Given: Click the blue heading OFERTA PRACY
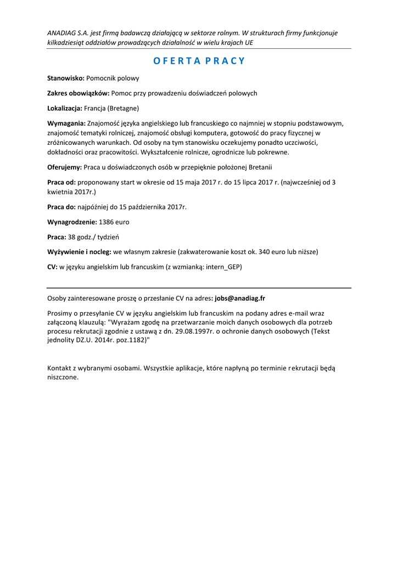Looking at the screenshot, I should (199, 61).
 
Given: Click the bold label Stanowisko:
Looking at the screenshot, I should (66, 78).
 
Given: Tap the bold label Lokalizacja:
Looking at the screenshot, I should (65, 108).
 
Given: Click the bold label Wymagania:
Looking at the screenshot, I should (66, 123).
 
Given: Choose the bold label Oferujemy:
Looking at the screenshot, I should (65, 167).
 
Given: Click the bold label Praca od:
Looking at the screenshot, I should (61, 182).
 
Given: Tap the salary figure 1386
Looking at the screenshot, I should (106, 222).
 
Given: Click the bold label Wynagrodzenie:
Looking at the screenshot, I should (72, 222).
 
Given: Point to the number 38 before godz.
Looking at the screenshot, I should (72, 237).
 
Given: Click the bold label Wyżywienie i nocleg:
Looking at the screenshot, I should (80, 252).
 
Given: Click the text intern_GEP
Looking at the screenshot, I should (223, 267).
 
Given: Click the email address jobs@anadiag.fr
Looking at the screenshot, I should (240, 299).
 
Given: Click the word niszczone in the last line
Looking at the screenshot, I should (63, 378).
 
